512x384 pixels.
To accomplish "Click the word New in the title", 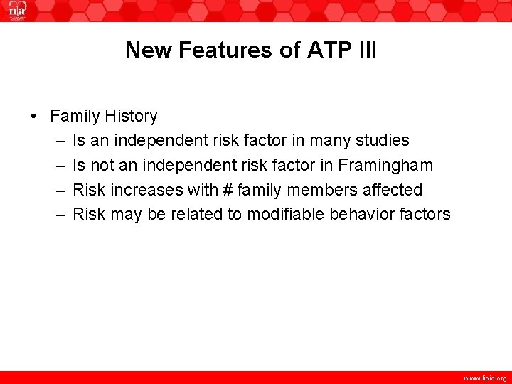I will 149,50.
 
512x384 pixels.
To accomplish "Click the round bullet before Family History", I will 33,117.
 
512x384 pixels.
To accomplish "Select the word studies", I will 385,141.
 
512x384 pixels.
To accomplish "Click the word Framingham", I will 385,166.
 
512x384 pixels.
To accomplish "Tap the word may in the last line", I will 127,214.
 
